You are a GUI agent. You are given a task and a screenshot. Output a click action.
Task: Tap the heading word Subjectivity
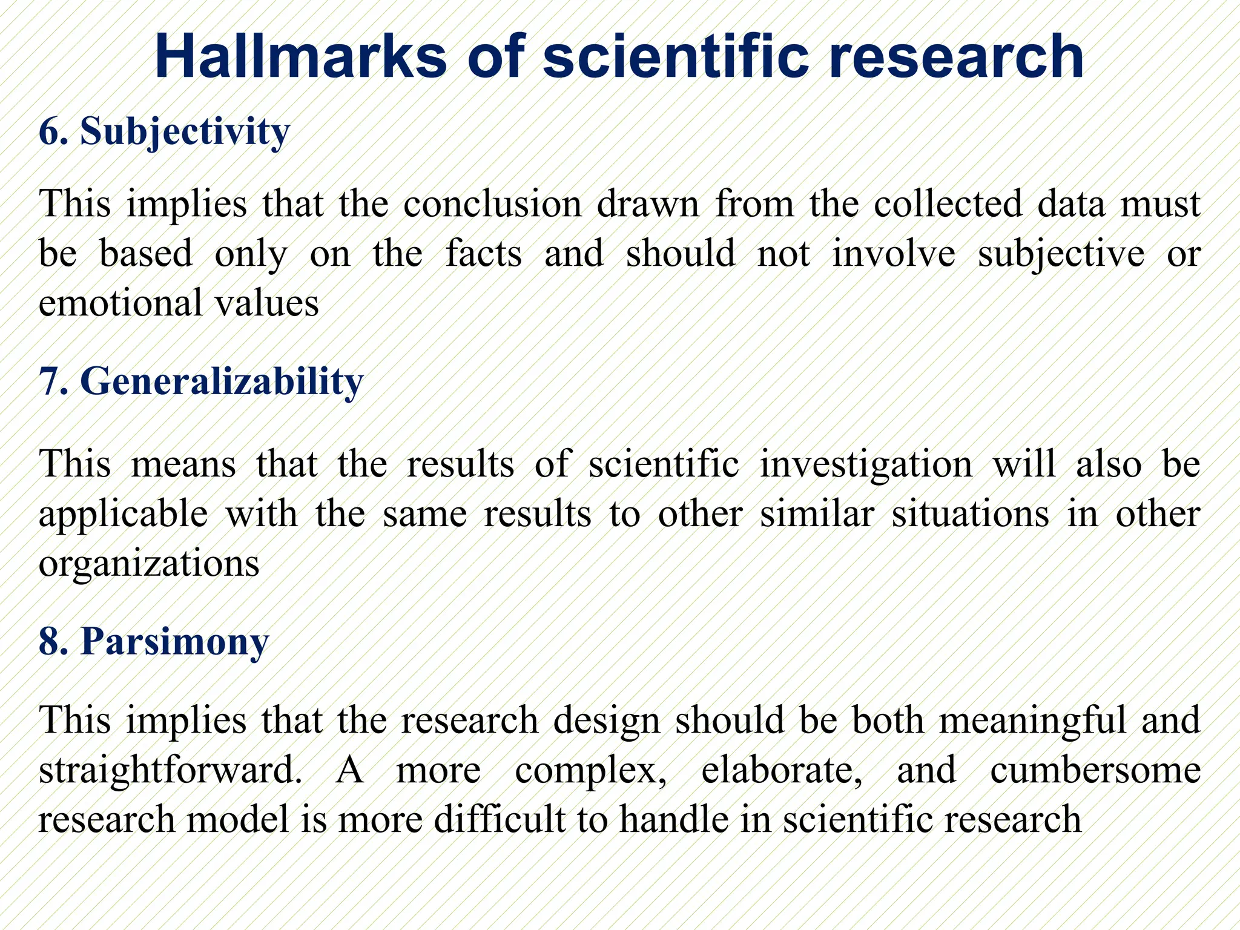[x=185, y=131]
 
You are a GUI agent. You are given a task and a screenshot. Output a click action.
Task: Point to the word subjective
[x=1061, y=254]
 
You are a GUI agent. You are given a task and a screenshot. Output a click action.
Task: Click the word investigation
[x=866, y=464]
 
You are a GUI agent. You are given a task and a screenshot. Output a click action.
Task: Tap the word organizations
[x=149, y=564]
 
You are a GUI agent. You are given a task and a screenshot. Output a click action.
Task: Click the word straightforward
[x=170, y=771]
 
